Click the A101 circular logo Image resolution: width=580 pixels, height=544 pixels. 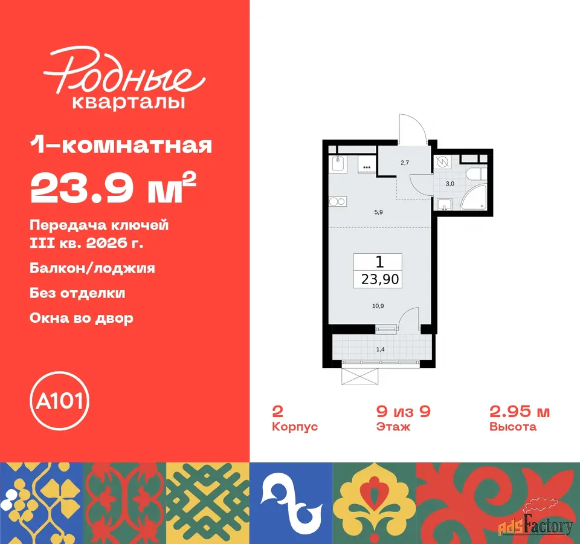click(60, 401)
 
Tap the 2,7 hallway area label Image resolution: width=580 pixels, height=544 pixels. click(405, 163)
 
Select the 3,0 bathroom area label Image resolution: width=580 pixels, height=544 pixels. click(449, 184)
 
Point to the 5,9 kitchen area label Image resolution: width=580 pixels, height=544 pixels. click(378, 212)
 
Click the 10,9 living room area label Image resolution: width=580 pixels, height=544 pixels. click(378, 306)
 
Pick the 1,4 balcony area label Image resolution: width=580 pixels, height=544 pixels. click(380, 349)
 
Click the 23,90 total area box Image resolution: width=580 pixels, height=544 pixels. click(378, 271)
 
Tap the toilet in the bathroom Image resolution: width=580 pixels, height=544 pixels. click(476, 174)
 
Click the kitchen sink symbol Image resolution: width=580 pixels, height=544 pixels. click(338, 163)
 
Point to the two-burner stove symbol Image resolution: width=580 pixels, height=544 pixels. click(338, 202)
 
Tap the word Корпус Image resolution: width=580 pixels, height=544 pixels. click(295, 427)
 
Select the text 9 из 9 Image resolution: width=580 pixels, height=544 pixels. click(404, 412)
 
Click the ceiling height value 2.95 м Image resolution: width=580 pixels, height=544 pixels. click(520, 412)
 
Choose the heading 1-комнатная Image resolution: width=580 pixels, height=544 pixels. click(121, 145)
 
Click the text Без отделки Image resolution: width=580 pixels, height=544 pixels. click(77, 293)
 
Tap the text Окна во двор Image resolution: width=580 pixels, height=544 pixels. click(82, 319)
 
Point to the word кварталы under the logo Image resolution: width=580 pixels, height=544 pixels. click(128, 103)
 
